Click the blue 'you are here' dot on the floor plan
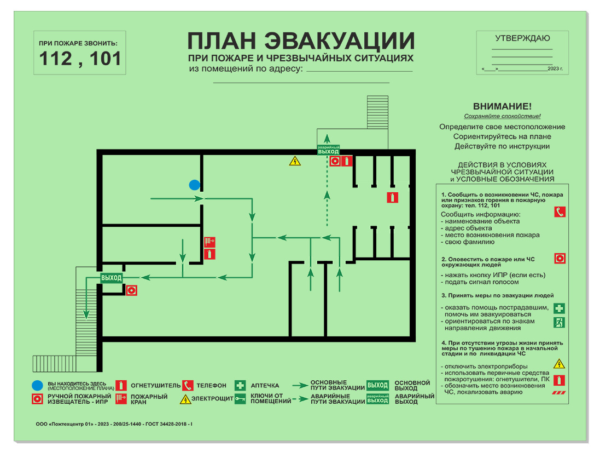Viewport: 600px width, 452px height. click(x=194, y=185)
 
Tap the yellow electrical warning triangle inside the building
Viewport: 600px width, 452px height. click(x=295, y=161)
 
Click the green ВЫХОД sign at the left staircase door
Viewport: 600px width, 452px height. click(x=112, y=278)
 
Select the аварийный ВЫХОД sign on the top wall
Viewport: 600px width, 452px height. click(x=328, y=150)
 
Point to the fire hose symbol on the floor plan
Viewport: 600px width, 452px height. click(x=209, y=242)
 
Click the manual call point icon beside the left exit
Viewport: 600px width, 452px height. click(x=131, y=290)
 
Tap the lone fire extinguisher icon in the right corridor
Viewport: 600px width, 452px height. click(x=392, y=197)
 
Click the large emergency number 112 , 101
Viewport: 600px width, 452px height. click(x=80, y=59)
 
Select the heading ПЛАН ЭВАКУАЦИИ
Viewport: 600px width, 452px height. click(x=301, y=41)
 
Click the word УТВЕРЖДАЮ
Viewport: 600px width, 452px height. click(x=522, y=38)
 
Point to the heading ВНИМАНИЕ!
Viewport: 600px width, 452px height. click(x=502, y=106)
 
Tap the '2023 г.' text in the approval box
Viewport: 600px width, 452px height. click(x=555, y=68)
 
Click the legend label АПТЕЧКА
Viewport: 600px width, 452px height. click(x=265, y=386)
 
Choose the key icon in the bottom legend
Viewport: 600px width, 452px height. click(x=240, y=399)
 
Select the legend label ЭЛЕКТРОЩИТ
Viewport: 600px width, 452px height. click(x=212, y=399)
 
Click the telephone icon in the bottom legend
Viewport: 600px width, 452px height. click(x=188, y=385)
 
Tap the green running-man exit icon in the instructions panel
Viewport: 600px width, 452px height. click(x=559, y=322)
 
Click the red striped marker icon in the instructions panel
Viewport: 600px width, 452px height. click(x=559, y=393)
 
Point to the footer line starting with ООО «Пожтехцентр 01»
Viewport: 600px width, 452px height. click(x=114, y=424)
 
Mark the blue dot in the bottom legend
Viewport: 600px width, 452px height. click(x=37, y=385)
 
